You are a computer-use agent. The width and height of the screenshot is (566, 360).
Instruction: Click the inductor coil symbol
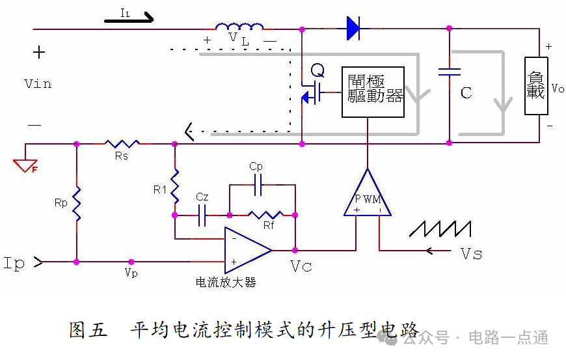pos(239,26)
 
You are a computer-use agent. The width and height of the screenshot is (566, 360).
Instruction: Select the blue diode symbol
pos(353,28)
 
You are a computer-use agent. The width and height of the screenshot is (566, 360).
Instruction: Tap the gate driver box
pos(373,92)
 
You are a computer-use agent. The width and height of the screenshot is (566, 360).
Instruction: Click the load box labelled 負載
pos(536,86)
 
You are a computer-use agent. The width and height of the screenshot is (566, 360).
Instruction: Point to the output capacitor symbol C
pos(450,72)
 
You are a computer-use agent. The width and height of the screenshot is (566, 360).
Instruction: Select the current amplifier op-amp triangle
pos(248,250)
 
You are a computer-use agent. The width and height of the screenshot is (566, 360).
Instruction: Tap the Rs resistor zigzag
pos(122,144)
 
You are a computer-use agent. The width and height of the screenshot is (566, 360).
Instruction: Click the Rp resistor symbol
pos(77,204)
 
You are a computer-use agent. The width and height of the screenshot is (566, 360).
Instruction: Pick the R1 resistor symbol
pos(175,186)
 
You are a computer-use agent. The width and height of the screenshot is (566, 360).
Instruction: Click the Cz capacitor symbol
pos(202,215)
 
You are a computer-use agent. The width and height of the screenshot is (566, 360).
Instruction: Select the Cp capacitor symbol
pos(258,185)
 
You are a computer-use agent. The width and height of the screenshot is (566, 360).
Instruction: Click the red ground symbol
pos(25,165)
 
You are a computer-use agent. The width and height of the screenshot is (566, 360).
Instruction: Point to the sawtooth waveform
pos(440,228)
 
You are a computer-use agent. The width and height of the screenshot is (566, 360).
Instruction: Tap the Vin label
pos(38,84)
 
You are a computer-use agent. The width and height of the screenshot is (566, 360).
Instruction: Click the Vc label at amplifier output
pos(301,266)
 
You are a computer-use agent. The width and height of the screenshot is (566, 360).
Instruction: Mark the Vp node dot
pos(131,262)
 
